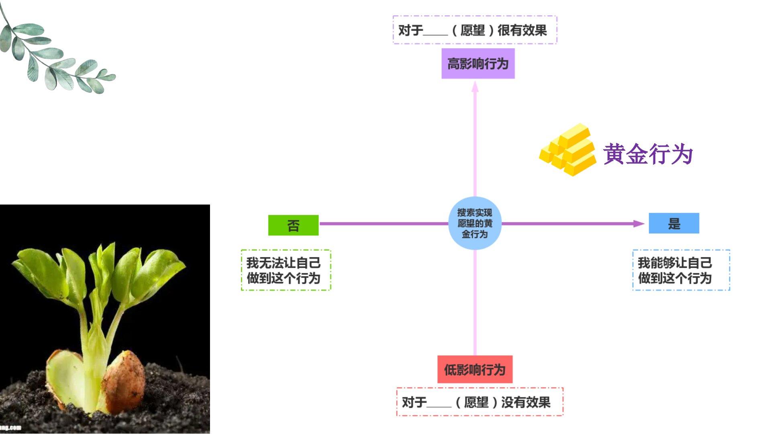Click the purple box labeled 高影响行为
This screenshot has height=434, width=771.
point(478,63)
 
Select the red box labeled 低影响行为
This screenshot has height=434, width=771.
point(475,369)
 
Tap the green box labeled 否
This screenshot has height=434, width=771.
point(293,225)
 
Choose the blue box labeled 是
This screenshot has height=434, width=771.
point(674,223)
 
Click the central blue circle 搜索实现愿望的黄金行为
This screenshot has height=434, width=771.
point(475,223)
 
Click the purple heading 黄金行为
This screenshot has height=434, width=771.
point(648,154)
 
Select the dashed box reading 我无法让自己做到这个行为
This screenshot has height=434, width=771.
point(286,270)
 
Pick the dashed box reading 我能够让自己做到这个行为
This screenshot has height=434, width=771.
point(681,270)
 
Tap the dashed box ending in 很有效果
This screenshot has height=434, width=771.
point(475,30)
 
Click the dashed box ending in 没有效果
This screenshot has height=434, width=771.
point(480,402)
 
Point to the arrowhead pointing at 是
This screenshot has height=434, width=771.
point(638,223)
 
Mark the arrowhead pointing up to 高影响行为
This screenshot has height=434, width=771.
point(475,86)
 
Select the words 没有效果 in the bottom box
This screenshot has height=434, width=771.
point(526,402)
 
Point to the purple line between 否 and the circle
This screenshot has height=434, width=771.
point(383,223)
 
